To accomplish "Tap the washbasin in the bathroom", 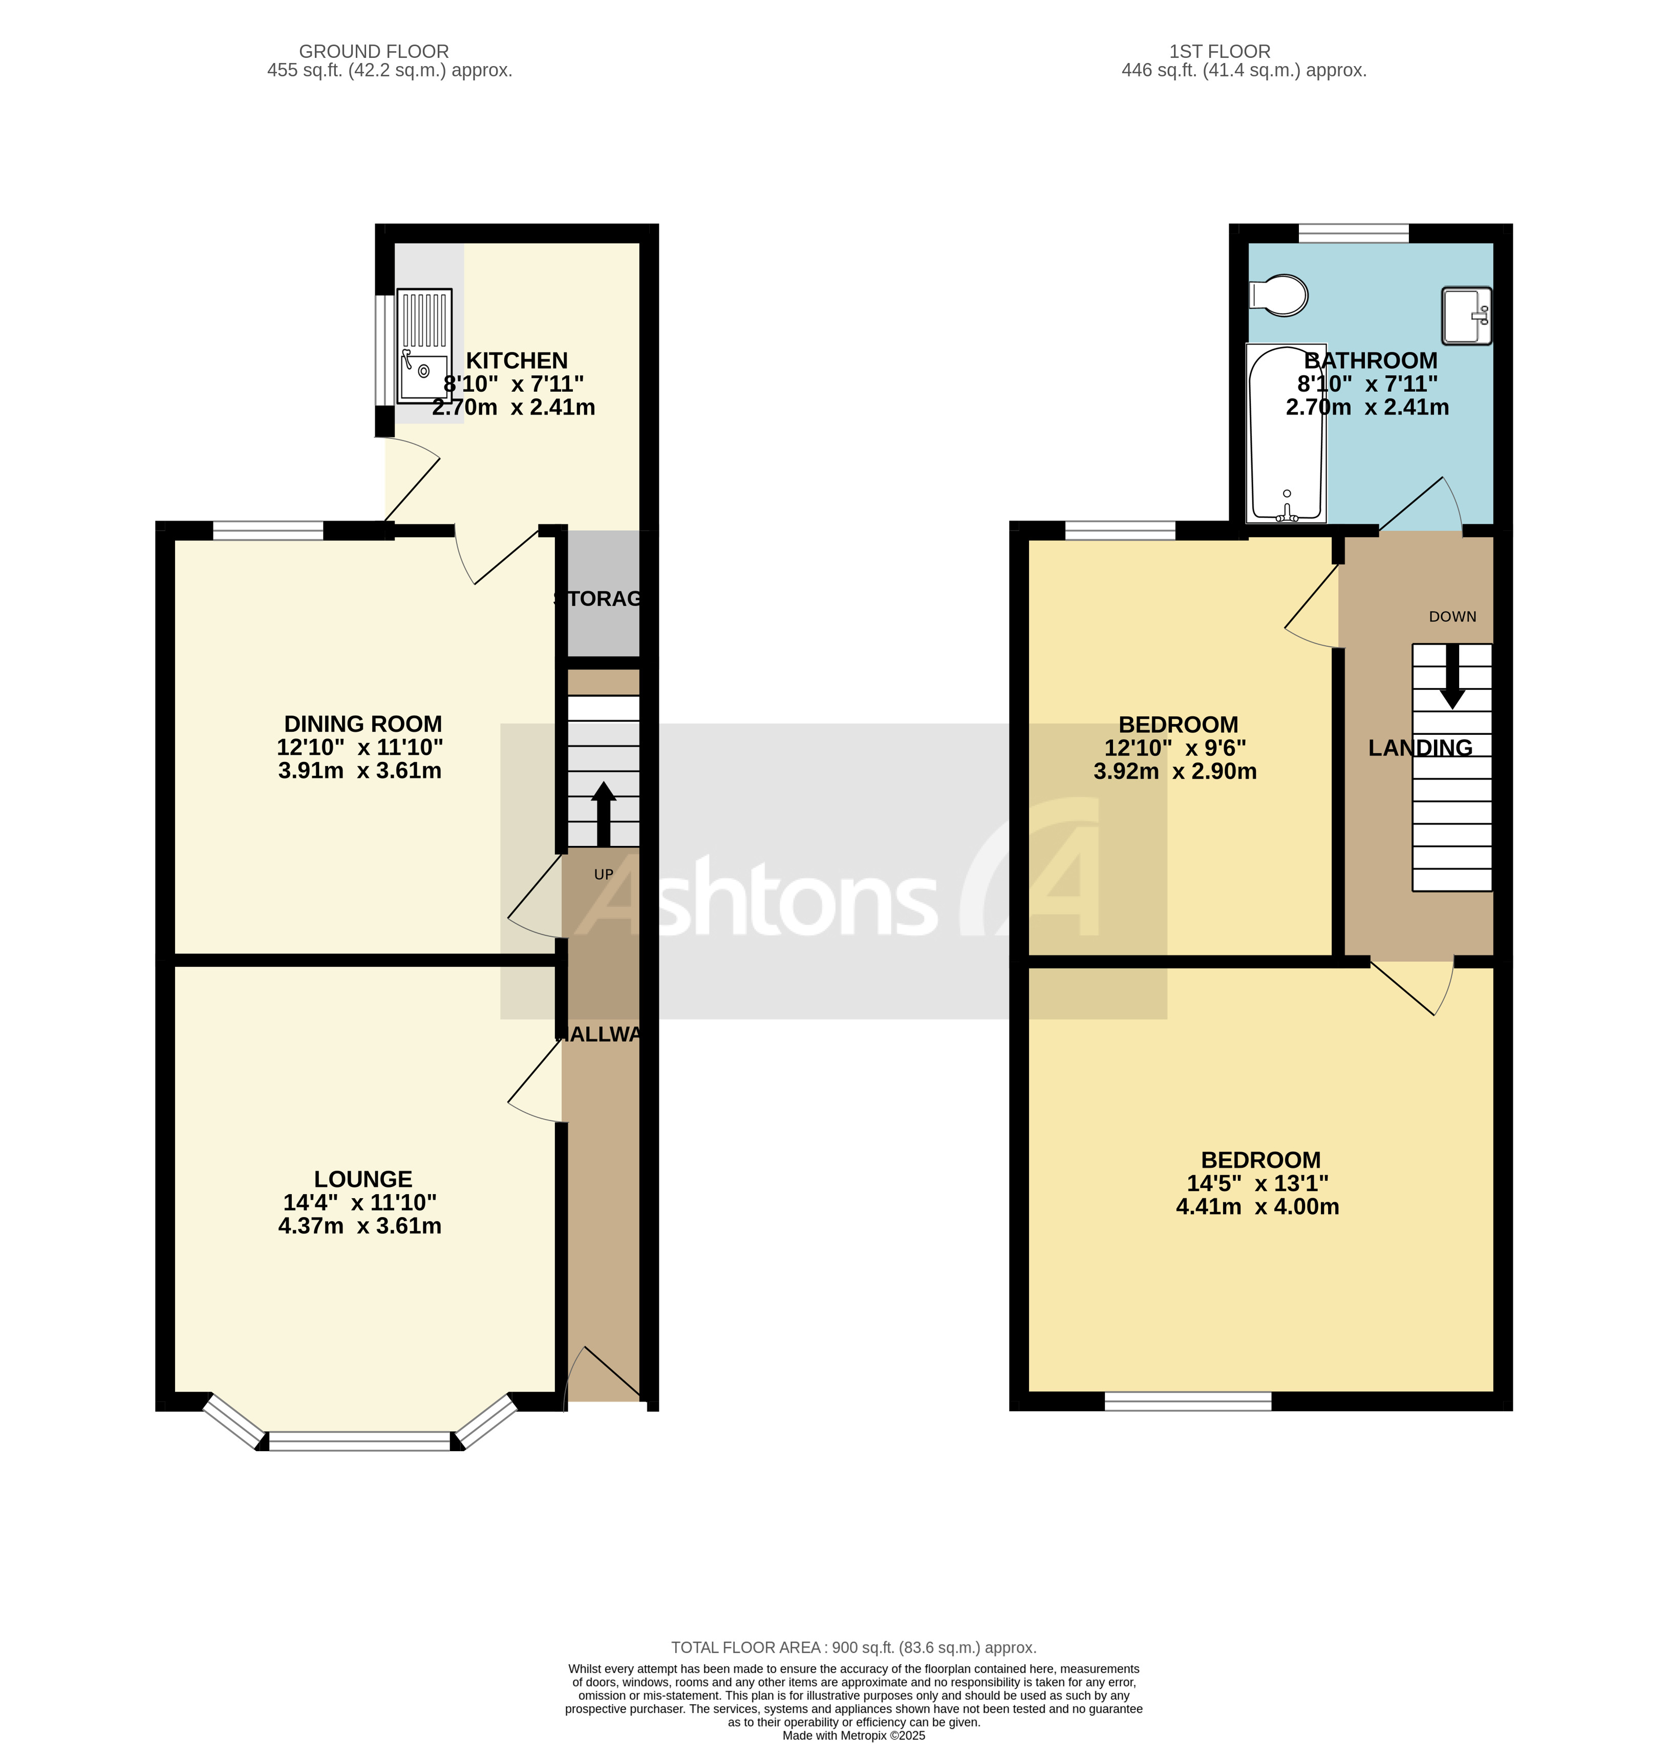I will (1465, 316).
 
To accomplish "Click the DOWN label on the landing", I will (1452, 617).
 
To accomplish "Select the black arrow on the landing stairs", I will (1452, 676).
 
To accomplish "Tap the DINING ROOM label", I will (363, 725).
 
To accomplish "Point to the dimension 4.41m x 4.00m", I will (1257, 1207).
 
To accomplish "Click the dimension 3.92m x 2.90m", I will (1174, 772).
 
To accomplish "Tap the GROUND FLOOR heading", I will (373, 52).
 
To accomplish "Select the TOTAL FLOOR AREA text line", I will (853, 1648).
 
